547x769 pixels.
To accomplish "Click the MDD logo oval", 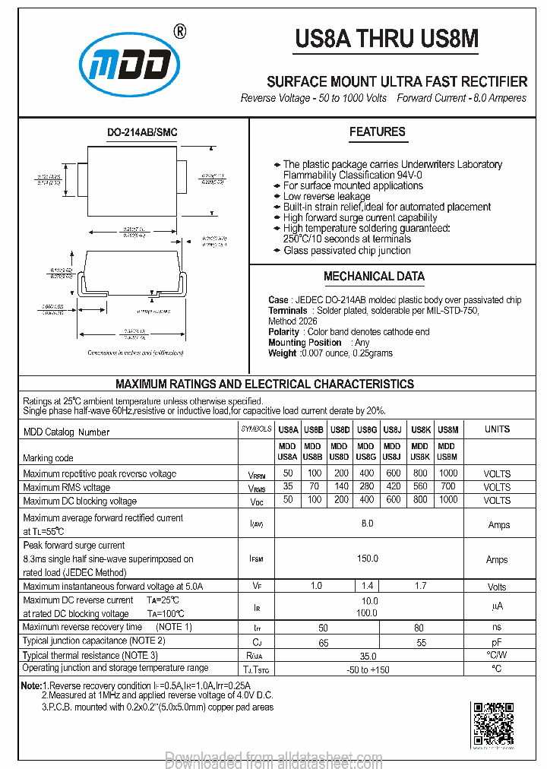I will tap(130, 68).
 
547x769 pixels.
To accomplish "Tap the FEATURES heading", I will tap(377, 132).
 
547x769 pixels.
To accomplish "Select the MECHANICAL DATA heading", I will tap(374, 277).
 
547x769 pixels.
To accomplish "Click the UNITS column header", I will tap(497, 429).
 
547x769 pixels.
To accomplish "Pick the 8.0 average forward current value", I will tap(367, 524).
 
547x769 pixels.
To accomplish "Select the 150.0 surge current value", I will tap(367, 559).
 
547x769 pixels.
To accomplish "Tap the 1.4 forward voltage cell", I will tap(368, 586).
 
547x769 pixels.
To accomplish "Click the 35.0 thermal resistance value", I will tap(368, 655).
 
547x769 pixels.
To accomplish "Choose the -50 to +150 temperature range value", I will tap(367, 669).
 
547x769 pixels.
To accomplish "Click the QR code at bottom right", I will tap(493, 723).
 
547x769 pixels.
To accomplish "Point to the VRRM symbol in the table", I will tap(256, 473).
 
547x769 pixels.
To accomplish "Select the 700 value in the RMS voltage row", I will tap(447, 486).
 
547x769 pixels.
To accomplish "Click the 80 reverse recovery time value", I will tap(419, 628).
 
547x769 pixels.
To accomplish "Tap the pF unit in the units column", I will tap(497, 642).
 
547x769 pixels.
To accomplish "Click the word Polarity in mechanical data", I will tap(283, 332).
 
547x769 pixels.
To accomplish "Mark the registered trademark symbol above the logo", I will tap(179, 31).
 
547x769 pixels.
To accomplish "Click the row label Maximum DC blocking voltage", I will tap(80, 501).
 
